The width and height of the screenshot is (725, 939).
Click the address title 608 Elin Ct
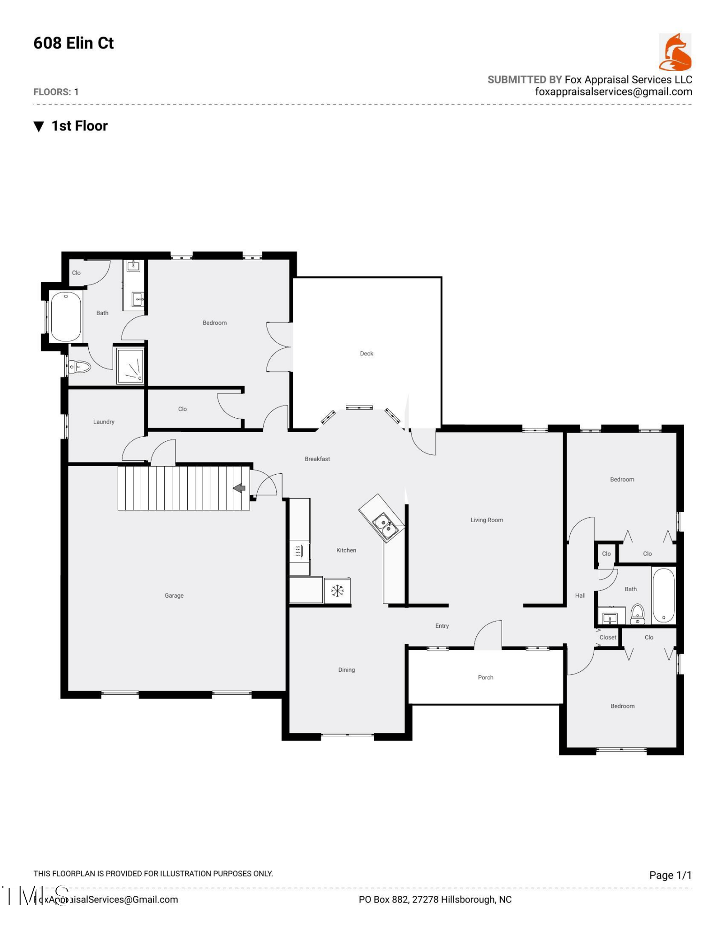pos(74,43)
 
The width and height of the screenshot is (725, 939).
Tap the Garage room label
pos(174,595)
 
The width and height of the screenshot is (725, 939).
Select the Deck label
pos(366,354)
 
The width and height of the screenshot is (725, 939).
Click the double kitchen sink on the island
pos(385,525)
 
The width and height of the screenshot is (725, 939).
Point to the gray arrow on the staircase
pos(239,488)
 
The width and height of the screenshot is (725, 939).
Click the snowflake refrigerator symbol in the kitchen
pos(337,591)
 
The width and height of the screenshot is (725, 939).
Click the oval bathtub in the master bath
pos(66,316)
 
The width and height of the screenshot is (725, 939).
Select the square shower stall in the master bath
pos(130,366)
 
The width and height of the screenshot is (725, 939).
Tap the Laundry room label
pos(103,422)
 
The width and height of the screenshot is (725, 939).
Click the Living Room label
pos(486,520)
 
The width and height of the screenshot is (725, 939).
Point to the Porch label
pos(485,677)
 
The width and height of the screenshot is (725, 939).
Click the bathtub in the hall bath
pos(663,595)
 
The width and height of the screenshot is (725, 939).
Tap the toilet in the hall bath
pos(637,613)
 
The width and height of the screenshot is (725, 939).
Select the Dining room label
pos(346,670)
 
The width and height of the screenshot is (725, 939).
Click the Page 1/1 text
pos(670,875)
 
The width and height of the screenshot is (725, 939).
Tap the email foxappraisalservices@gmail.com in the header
pos(613,92)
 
